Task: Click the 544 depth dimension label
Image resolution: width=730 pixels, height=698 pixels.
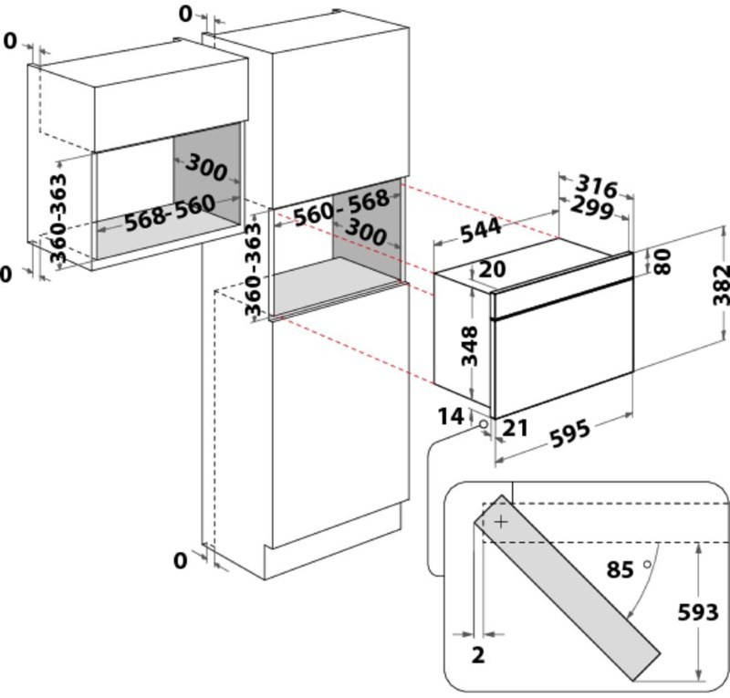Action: pyautogui.click(x=481, y=231)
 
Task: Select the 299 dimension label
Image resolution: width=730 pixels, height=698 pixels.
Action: pyautogui.click(x=591, y=207)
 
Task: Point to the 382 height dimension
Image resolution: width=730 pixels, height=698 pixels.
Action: pyautogui.click(x=721, y=285)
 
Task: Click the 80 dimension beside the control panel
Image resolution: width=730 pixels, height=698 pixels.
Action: pyautogui.click(x=662, y=261)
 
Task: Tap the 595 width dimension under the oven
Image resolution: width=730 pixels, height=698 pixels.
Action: pyautogui.click(x=569, y=433)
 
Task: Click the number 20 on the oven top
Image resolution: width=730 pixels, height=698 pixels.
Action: pyautogui.click(x=492, y=268)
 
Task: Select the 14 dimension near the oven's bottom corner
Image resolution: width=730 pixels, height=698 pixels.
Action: pyautogui.click(x=451, y=416)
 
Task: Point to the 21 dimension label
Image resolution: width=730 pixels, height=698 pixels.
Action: pyautogui.click(x=515, y=428)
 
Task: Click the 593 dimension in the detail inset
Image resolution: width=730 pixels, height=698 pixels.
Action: pyautogui.click(x=697, y=612)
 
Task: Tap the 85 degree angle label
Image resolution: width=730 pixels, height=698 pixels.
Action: pyautogui.click(x=620, y=569)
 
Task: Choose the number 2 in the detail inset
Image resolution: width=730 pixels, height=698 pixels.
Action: pyautogui.click(x=478, y=655)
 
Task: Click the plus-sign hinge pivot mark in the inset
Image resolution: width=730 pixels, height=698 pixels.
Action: pyautogui.click(x=501, y=522)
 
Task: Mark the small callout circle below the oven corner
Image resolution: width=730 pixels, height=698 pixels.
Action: pyautogui.click(x=484, y=424)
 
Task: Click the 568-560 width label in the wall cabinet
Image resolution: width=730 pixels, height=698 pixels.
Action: pyautogui.click(x=171, y=213)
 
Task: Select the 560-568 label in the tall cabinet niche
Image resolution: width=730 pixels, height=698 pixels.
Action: pyautogui.click(x=341, y=207)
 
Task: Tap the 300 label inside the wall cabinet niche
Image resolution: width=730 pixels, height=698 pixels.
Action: pyautogui.click(x=206, y=167)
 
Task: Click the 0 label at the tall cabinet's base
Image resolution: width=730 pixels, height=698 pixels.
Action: pyautogui.click(x=180, y=560)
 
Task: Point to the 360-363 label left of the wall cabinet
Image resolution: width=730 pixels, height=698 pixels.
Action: pyautogui.click(x=58, y=218)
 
